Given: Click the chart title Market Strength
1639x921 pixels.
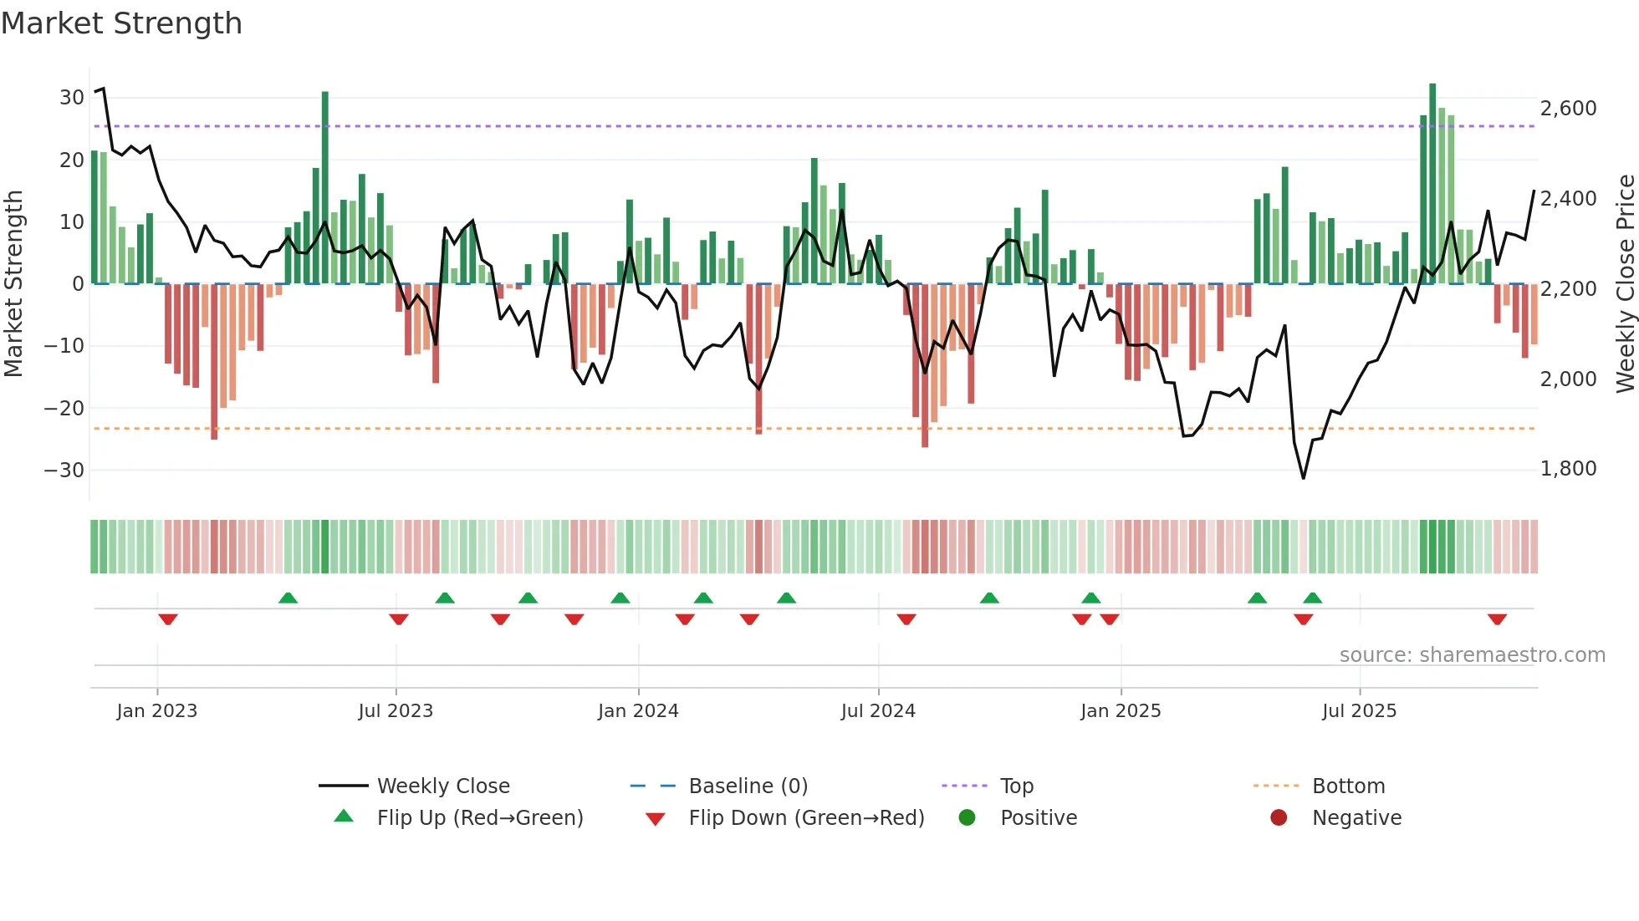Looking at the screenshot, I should [x=121, y=23].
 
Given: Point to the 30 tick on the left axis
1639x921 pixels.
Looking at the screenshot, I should [x=72, y=98].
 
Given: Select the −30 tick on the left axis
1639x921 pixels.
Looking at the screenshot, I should [x=65, y=470].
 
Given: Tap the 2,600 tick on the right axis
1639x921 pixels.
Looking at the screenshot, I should [x=1568, y=109].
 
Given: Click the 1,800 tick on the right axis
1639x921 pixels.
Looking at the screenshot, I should [x=1568, y=469].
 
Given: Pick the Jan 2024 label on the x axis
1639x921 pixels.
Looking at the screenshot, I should [x=638, y=711].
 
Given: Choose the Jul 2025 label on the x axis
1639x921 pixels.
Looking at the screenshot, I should [x=1359, y=711].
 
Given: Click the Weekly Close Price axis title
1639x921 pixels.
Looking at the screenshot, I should [x=1625, y=284].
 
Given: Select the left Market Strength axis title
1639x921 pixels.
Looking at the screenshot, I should [x=13, y=284].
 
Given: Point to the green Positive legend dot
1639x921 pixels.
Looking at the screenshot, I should [x=968, y=817].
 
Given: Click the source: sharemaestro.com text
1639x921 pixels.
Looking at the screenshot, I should [x=1472, y=655].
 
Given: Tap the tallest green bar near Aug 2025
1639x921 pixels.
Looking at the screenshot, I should [x=1432, y=184].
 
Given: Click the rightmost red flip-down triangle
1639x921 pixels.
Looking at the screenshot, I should [x=1497, y=619].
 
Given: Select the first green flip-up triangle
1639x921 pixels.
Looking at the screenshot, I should [x=288, y=598].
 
